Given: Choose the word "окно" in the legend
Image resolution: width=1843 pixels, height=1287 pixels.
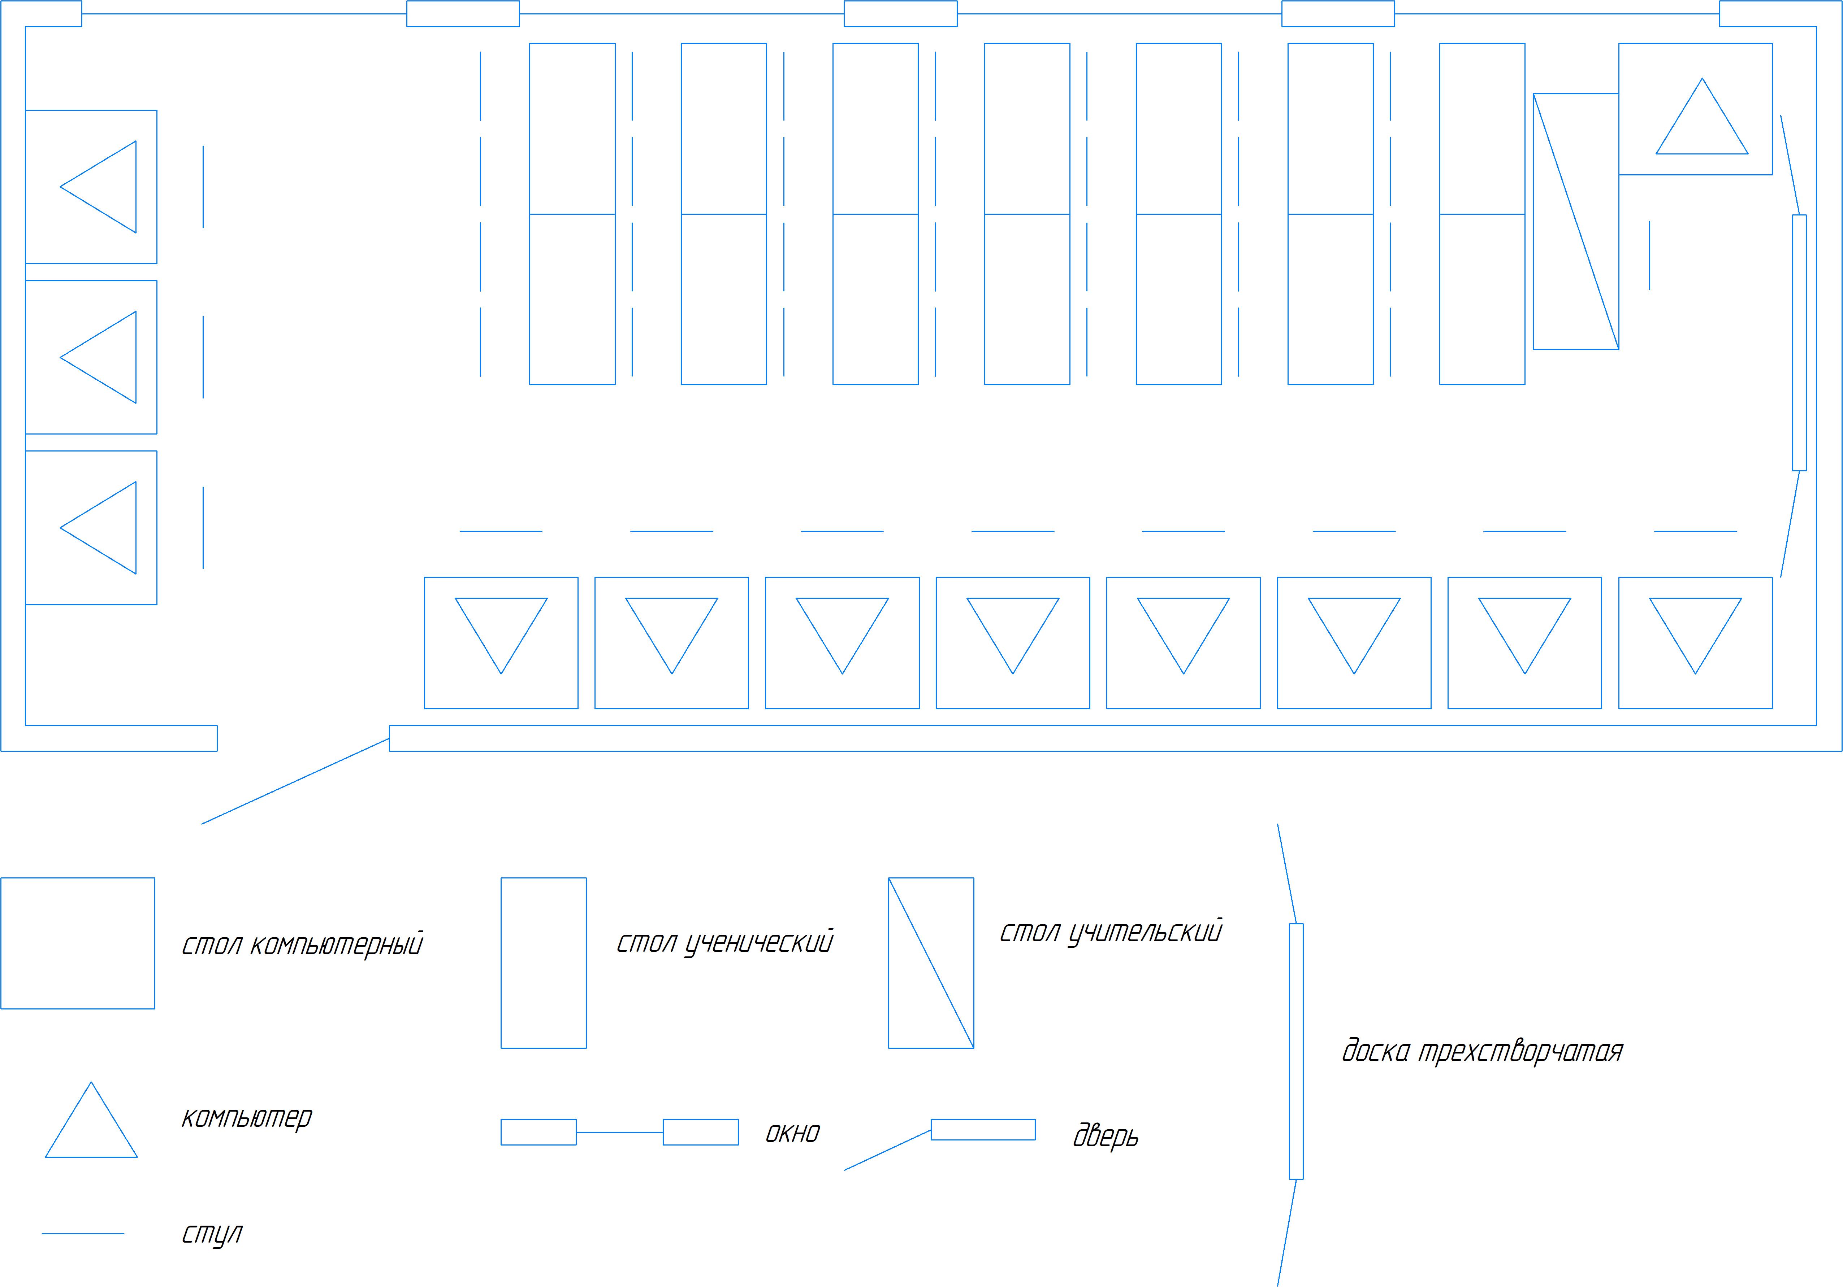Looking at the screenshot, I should (792, 1133).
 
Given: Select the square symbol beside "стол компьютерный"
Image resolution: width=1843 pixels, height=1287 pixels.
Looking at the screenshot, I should (78, 943).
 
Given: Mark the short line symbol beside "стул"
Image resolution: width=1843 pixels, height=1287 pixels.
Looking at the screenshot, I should (83, 1233).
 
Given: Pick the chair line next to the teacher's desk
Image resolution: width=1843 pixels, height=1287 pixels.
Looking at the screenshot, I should (1649, 255).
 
